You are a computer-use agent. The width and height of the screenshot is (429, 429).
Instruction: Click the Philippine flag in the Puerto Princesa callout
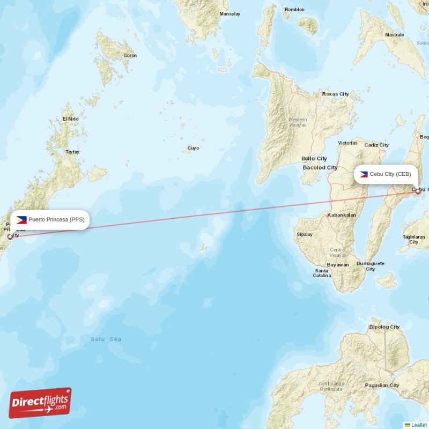click(x=21, y=219)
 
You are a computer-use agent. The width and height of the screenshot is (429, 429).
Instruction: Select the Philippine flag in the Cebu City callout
click(x=364, y=174)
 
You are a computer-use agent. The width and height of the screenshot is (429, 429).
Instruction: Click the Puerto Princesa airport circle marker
click(x=10, y=236)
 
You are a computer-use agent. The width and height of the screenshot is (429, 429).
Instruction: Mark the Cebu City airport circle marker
click(x=418, y=190)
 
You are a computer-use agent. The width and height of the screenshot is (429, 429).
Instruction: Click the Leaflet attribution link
click(x=419, y=425)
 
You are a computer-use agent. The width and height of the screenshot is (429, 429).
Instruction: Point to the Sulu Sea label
click(x=106, y=339)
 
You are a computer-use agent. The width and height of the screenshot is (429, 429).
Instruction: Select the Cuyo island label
click(x=193, y=148)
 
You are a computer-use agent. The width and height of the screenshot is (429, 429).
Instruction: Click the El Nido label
click(x=70, y=119)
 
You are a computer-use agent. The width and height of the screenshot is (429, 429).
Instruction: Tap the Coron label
click(x=130, y=55)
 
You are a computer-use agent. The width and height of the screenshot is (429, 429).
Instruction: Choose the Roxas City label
click(x=335, y=94)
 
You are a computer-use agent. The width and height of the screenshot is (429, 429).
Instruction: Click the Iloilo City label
click(x=314, y=159)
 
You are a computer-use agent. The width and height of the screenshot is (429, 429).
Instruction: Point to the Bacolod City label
click(x=320, y=167)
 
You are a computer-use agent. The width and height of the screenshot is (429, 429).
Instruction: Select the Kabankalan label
click(x=342, y=215)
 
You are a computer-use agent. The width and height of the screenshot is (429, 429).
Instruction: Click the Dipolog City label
click(x=384, y=327)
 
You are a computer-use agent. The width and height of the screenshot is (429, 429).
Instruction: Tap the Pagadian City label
click(x=382, y=385)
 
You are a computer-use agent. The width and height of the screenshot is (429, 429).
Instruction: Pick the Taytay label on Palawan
click(x=72, y=152)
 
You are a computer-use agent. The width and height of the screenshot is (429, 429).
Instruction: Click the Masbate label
click(x=395, y=35)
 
